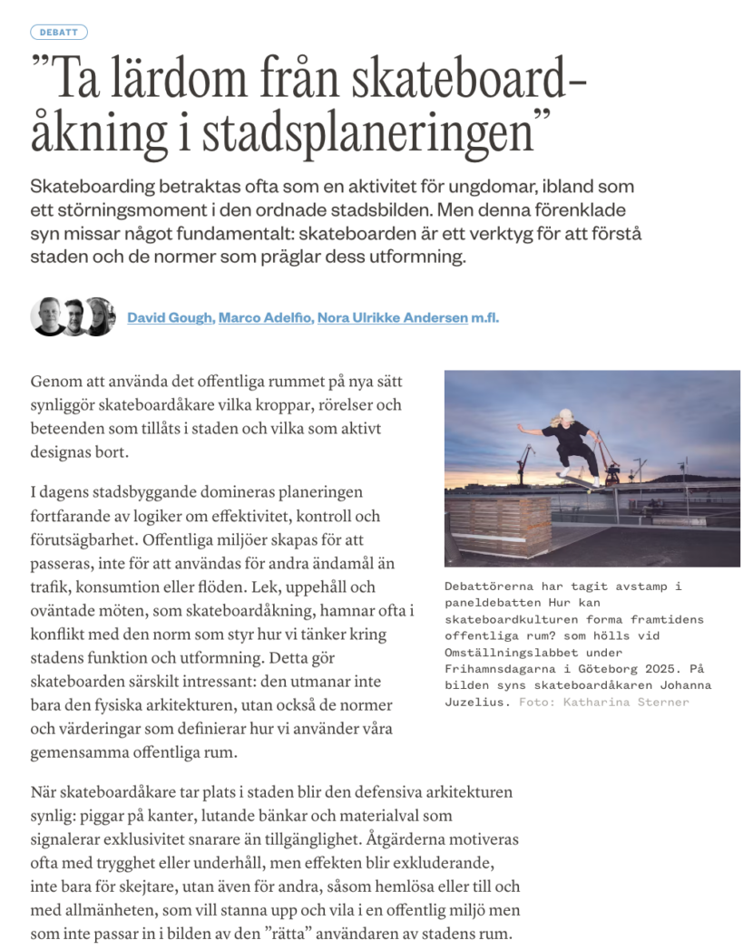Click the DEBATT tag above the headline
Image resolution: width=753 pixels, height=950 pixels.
tap(59, 33)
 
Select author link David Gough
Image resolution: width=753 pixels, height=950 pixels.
tap(171, 318)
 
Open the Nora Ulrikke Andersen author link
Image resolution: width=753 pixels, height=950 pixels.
tap(392, 318)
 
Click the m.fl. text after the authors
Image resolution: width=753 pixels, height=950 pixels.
tap(485, 318)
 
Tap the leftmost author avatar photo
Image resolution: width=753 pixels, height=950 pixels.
tap(48, 316)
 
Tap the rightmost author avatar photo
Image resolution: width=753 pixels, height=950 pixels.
tap(99, 316)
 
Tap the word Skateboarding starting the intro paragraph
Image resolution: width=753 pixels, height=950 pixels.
tap(108, 188)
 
